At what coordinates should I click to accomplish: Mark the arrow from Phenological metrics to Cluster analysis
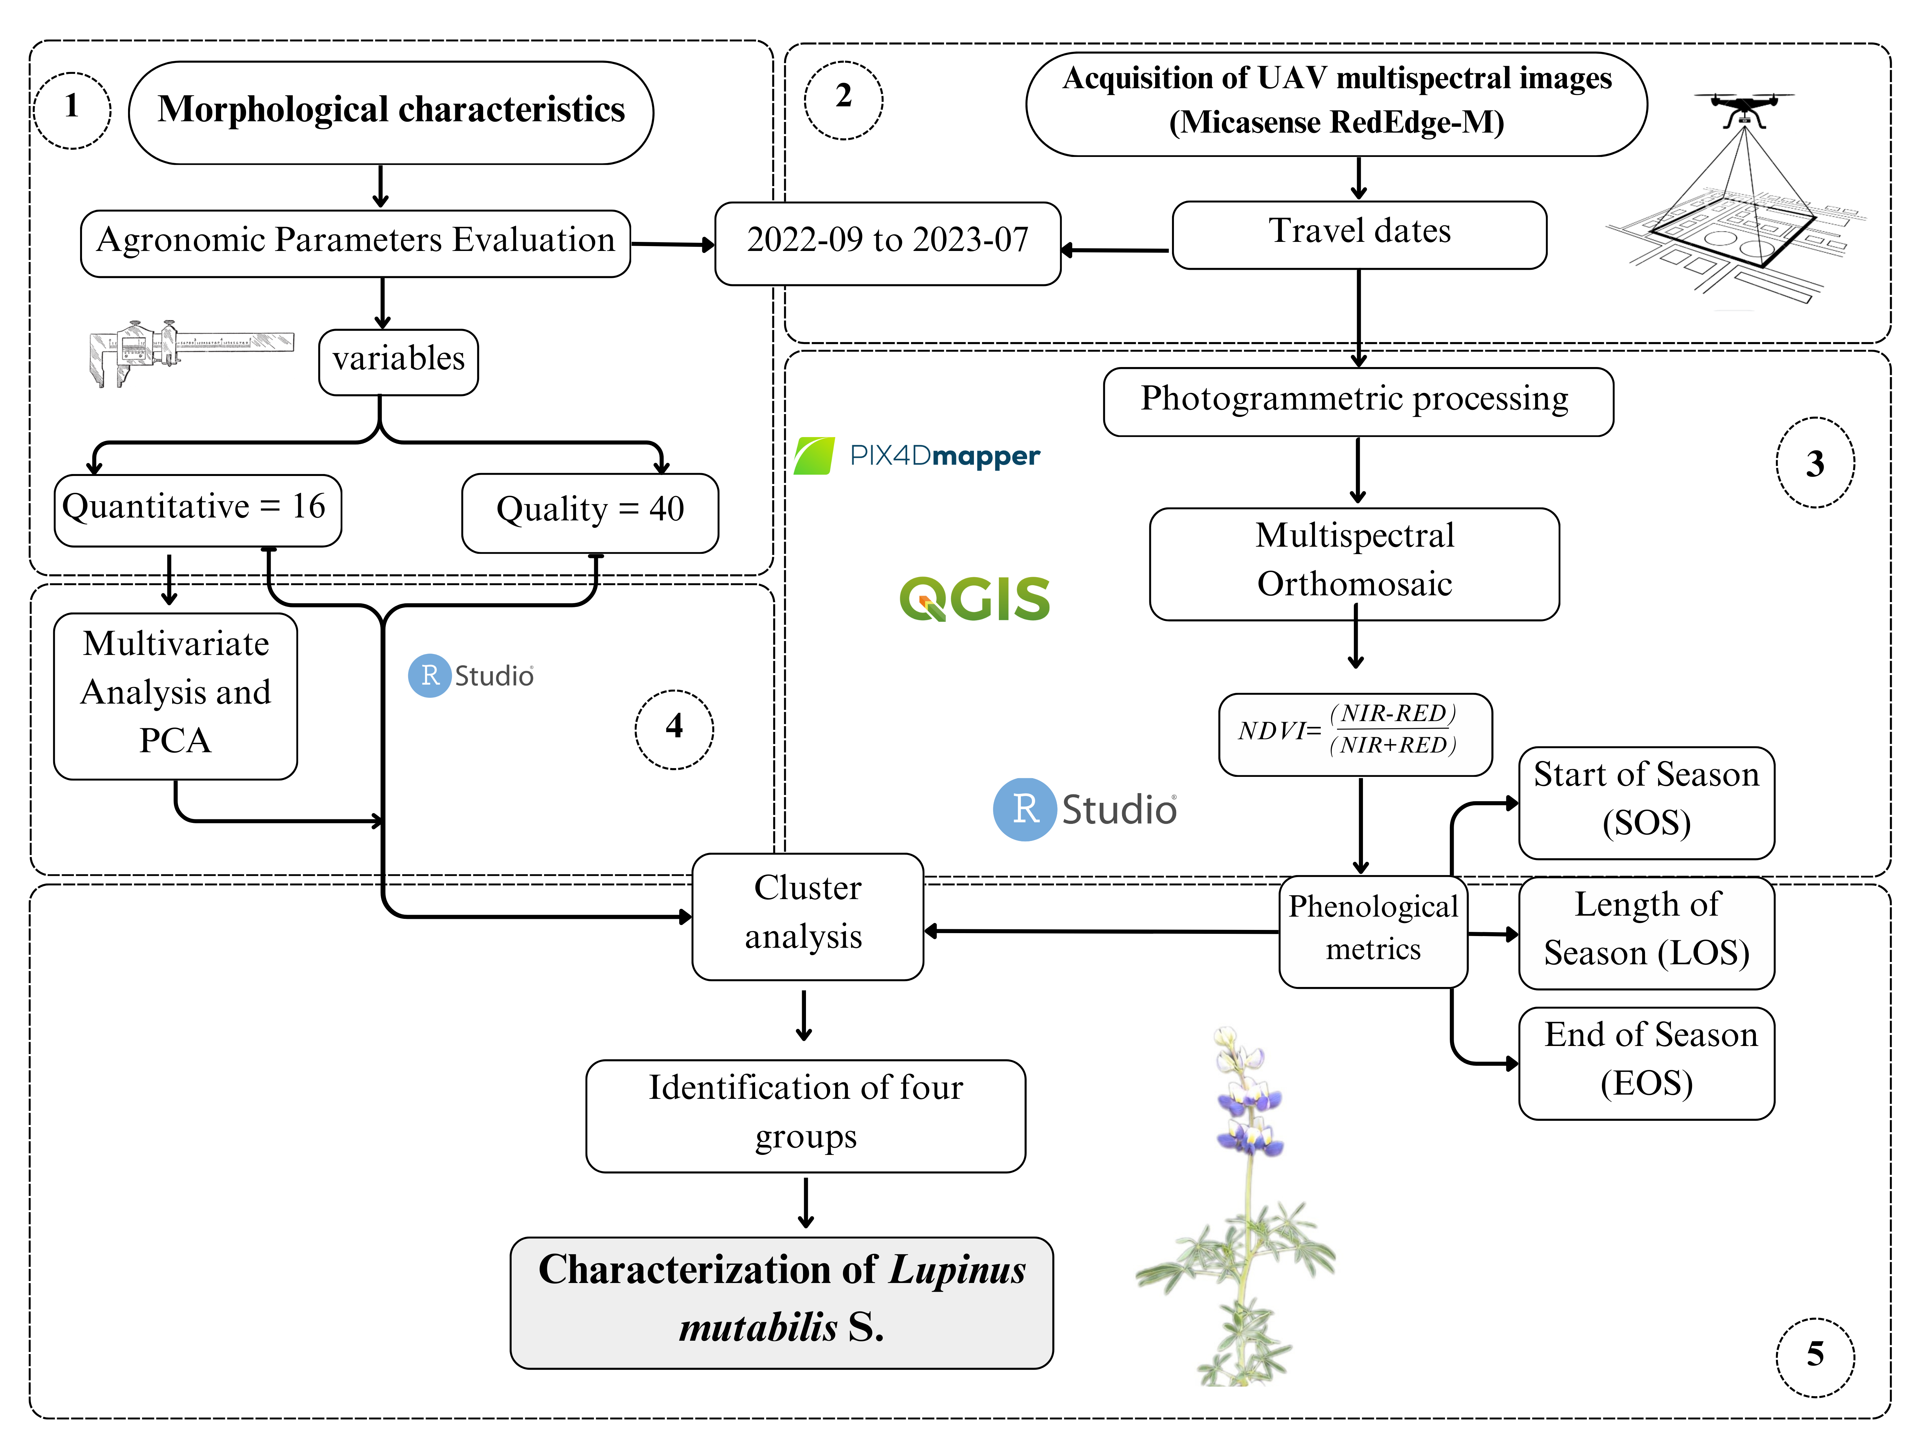click(x=1101, y=931)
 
